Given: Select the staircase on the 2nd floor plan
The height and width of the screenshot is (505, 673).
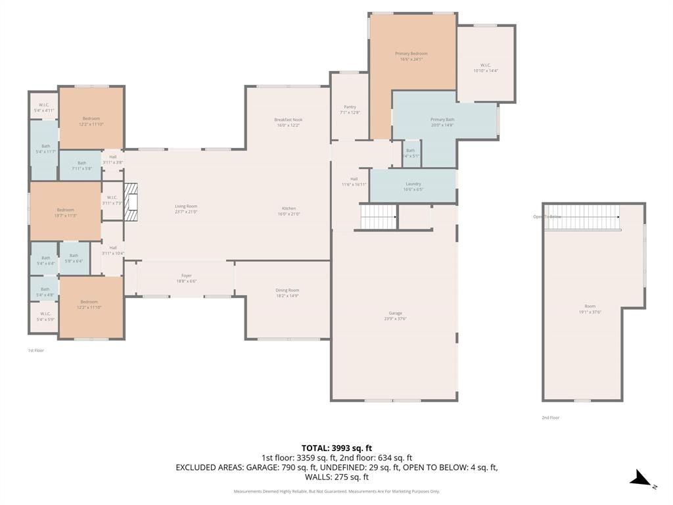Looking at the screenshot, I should pos(582,217).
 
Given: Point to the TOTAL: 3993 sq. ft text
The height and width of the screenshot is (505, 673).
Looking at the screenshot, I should pos(336,448).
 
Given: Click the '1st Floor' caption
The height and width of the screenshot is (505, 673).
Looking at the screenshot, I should pos(35,350).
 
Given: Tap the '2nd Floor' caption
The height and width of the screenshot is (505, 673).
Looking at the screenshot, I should pos(551,418).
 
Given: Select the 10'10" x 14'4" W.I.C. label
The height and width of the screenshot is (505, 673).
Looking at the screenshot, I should pos(486,68).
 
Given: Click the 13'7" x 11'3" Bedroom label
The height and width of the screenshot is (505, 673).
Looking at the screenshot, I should pos(65,212).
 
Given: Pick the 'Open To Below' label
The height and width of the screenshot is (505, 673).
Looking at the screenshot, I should pos(547,216).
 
